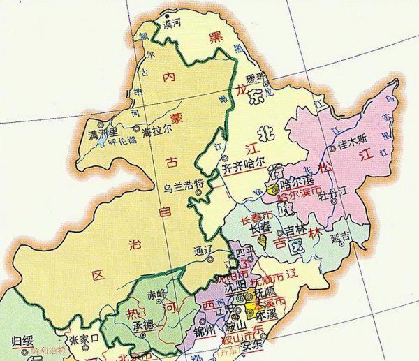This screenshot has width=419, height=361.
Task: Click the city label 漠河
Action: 172,23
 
